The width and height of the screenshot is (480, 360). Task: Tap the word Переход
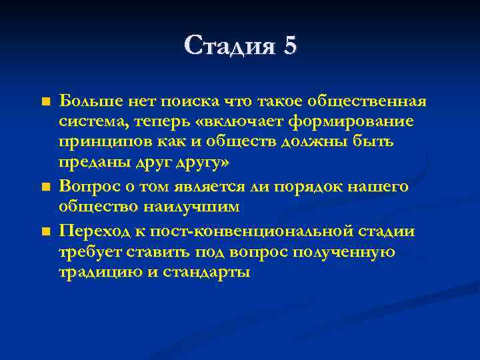(x=91, y=231)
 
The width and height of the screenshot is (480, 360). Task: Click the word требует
(x=87, y=253)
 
